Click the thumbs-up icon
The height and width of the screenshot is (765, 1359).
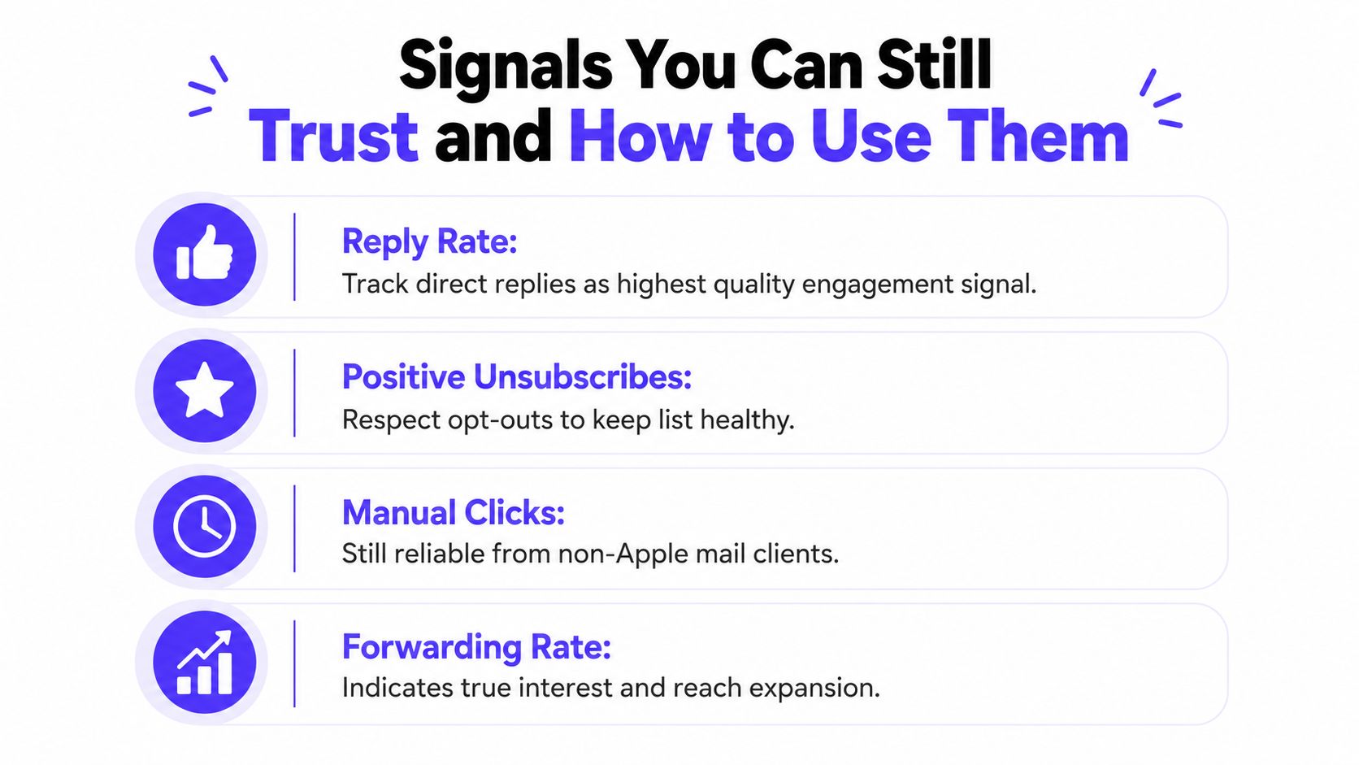(x=205, y=253)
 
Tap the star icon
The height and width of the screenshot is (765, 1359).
(x=205, y=389)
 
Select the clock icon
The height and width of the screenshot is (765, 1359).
(x=205, y=526)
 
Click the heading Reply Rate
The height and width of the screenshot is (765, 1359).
(x=429, y=241)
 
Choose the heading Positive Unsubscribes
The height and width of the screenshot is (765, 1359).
(x=517, y=376)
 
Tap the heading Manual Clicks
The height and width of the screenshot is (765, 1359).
(x=454, y=513)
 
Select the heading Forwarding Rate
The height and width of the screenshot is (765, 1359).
(x=476, y=646)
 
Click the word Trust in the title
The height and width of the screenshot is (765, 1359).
(x=333, y=136)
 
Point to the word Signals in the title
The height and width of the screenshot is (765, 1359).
(x=506, y=67)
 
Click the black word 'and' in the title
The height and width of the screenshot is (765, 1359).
(x=493, y=136)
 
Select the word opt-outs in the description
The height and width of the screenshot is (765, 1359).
(x=500, y=419)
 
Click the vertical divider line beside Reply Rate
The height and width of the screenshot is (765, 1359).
(x=294, y=257)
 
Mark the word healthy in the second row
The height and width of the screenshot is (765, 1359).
(x=747, y=419)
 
